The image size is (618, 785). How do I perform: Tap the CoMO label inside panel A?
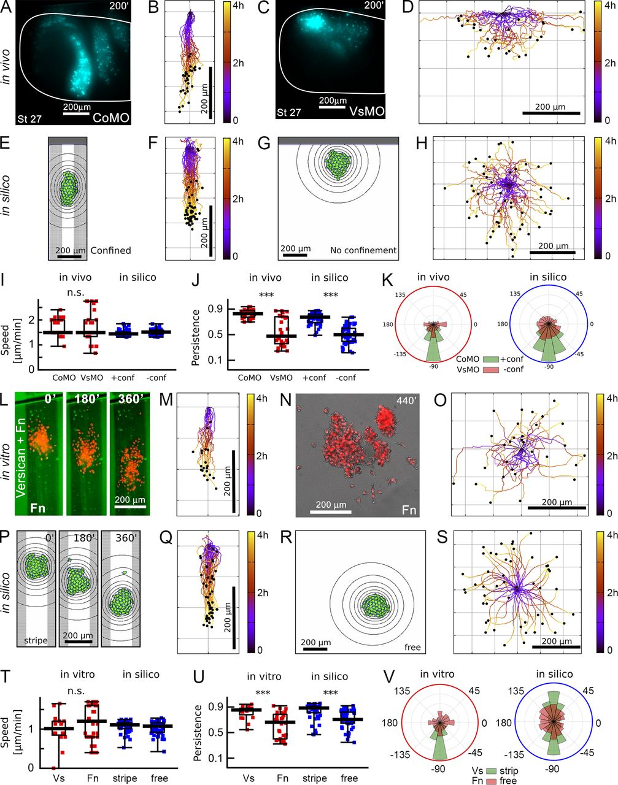tap(112, 117)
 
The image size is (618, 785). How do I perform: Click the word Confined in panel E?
tap(110, 250)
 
